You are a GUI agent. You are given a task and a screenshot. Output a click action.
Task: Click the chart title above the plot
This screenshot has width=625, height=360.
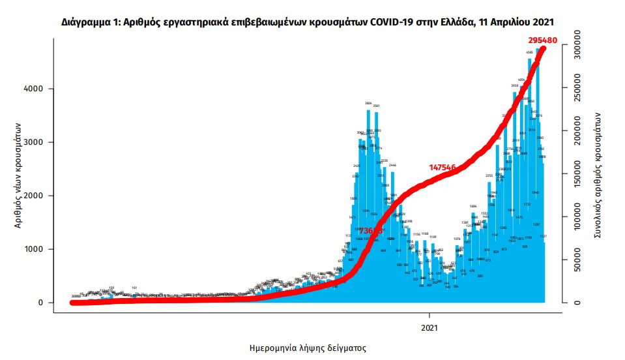312,22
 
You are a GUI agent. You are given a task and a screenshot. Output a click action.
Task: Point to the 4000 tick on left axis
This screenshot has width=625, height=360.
35,89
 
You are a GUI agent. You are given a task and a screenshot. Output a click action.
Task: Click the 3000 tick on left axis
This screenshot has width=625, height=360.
35,142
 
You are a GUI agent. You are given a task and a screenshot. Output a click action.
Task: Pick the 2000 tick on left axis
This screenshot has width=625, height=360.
35,196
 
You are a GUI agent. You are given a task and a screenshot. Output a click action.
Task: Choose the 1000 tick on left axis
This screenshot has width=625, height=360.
35,249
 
